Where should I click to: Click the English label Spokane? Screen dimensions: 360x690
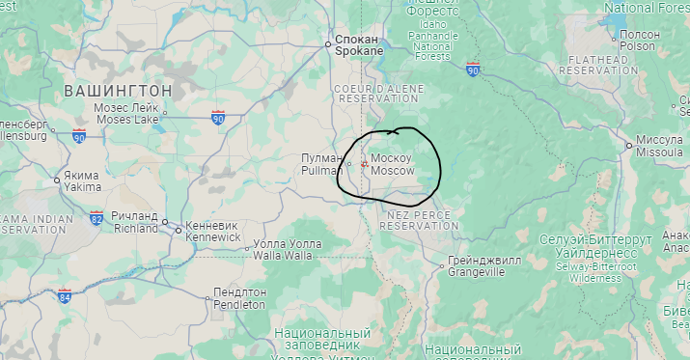359,51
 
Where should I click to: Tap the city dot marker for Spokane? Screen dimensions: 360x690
328,44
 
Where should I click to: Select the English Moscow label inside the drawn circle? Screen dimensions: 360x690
392,171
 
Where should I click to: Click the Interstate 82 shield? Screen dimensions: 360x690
97,217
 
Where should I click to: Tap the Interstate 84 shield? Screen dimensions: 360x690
65,294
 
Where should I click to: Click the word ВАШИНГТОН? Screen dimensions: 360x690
118,90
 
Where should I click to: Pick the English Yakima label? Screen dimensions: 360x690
83,187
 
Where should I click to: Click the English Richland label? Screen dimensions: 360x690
135,230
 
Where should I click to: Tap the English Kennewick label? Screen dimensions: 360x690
211,235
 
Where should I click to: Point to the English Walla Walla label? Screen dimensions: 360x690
283,256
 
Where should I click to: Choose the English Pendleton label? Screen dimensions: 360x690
239,304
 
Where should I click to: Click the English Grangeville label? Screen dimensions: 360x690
476,272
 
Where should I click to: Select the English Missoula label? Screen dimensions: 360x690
660,152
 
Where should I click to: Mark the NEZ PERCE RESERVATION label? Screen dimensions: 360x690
421,219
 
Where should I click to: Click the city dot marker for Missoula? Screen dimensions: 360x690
628,146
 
